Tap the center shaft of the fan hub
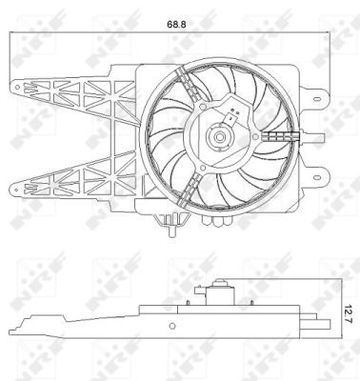click(x=219, y=139)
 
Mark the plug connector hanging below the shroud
click(x=170, y=225)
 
